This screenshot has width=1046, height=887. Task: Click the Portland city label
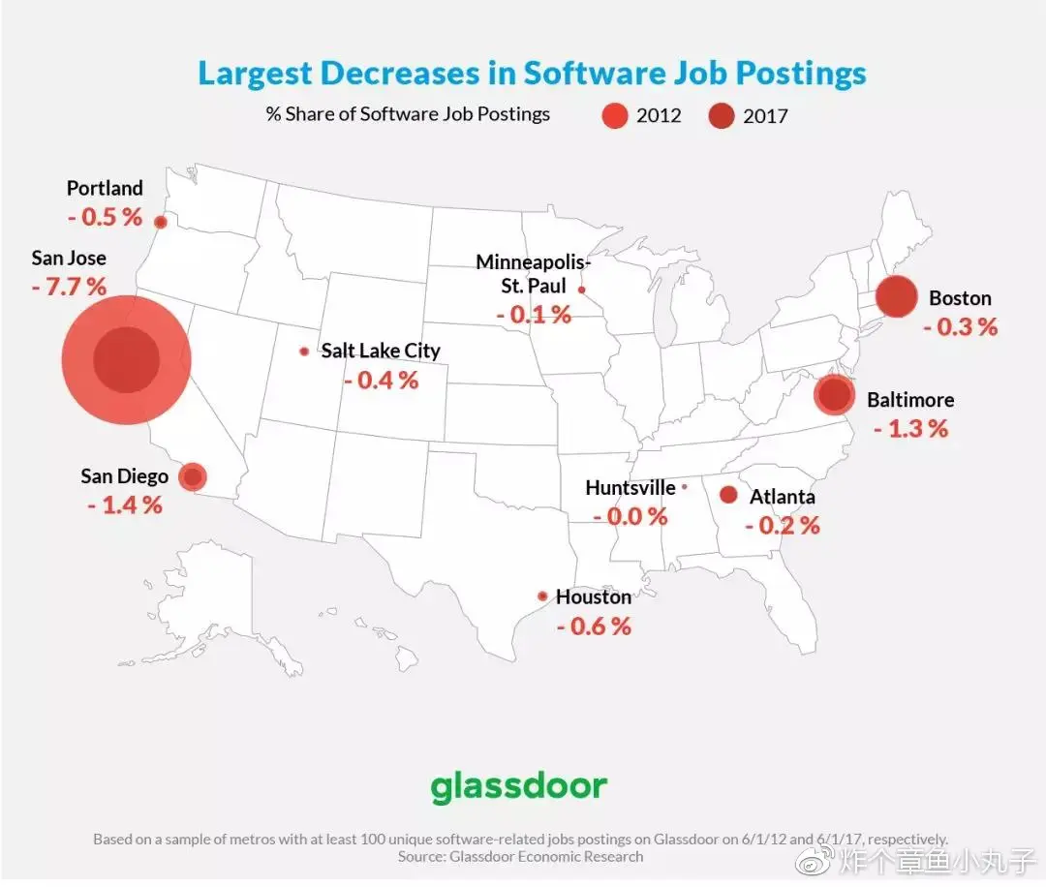(x=105, y=188)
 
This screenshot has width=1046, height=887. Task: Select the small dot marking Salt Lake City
(x=304, y=352)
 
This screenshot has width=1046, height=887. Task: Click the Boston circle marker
(x=896, y=296)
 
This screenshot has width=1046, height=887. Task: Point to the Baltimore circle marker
(x=833, y=395)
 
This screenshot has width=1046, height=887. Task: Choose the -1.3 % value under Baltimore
(x=910, y=428)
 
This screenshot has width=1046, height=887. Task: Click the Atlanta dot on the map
(x=728, y=495)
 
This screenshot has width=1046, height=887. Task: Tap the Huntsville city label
(x=631, y=488)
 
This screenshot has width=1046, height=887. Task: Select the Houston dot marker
(x=542, y=596)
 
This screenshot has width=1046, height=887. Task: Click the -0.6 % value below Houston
(x=594, y=627)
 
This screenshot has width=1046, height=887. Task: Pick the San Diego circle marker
(x=194, y=476)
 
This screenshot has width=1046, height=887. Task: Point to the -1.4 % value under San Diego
(x=125, y=505)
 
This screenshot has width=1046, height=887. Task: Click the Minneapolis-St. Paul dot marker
(x=582, y=289)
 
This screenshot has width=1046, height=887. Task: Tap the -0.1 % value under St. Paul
(x=534, y=315)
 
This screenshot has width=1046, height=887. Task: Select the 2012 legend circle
(x=616, y=115)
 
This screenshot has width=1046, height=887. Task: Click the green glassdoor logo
(x=519, y=785)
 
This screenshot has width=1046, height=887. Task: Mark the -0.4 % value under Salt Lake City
(x=381, y=380)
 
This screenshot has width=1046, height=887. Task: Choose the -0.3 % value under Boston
(x=960, y=326)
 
